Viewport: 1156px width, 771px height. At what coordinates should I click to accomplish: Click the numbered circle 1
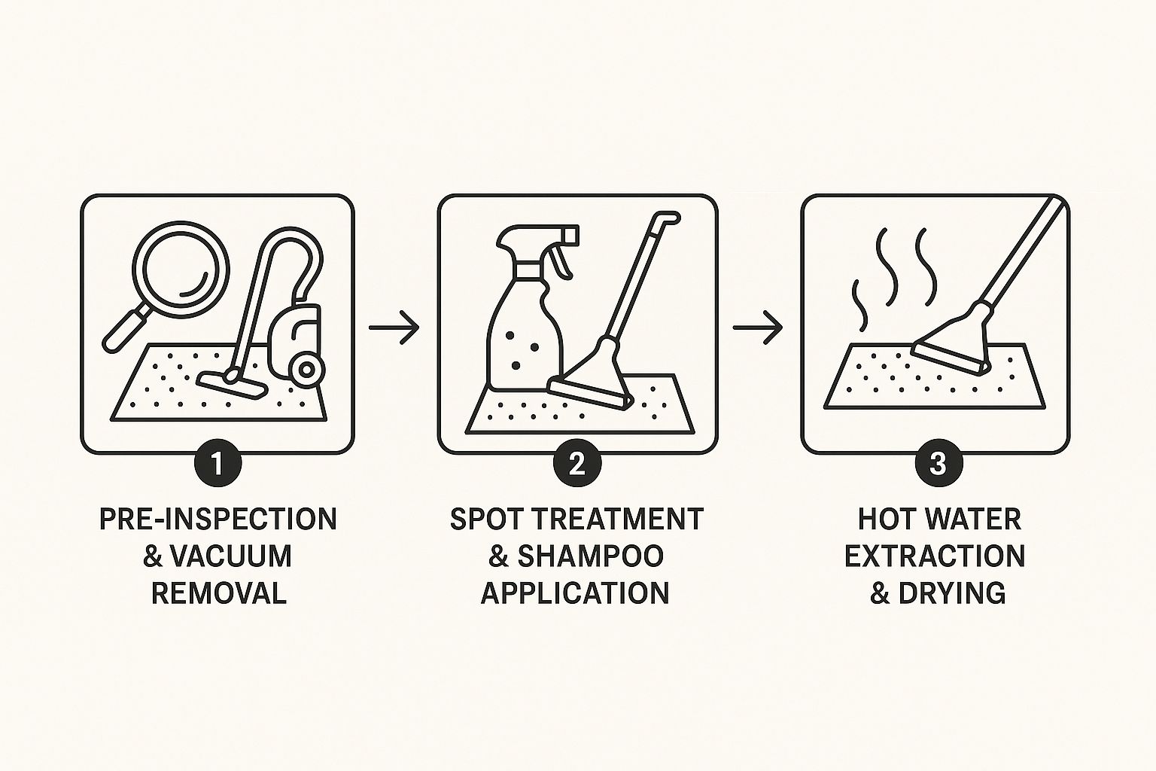(x=217, y=463)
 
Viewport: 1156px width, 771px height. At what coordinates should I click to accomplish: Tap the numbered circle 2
(x=577, y=463)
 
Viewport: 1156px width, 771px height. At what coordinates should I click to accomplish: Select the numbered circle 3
(x=938, y=463)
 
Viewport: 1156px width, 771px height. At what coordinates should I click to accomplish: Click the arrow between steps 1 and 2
(x=394, y=328)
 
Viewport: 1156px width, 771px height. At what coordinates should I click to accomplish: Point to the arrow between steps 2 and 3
(x=758, y=328)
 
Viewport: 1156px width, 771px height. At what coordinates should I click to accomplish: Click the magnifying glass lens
(x=181, y=265)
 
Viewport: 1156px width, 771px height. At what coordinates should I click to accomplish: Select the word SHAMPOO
(x=590, y=556)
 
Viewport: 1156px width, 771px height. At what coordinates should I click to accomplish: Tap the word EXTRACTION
(x=935, y=556)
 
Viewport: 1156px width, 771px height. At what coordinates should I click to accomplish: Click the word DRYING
(x=952, y=593)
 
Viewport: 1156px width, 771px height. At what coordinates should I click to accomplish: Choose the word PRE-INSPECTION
(x=218, y=520)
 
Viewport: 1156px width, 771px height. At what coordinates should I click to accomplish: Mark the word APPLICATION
(x=575, y=593)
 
